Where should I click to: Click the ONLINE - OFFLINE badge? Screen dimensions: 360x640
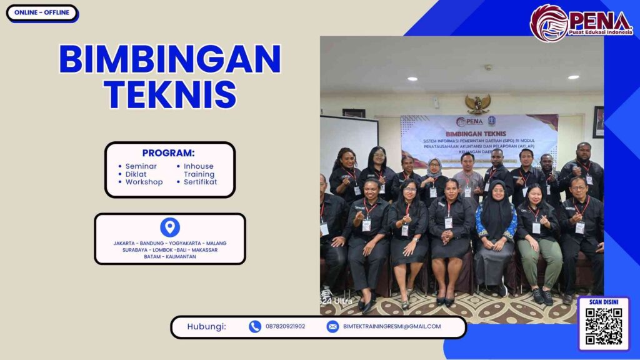click(42, 13)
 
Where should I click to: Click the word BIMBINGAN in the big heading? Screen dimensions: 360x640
click(169, 60)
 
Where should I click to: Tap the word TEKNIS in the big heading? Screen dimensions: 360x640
click(169, 94)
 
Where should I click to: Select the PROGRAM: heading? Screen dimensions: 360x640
click(168, 153)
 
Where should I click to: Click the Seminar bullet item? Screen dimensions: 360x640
click(141, 166)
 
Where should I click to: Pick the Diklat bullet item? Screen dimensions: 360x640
click(136, 174)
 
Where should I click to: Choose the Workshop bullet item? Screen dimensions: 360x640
click(144, 182)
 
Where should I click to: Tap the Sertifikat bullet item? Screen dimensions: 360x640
click(200, 182)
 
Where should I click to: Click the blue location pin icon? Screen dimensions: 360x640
click(170, 227)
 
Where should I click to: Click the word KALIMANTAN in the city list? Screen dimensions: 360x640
click(179, 257)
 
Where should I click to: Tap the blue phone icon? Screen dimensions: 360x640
click(255, 326)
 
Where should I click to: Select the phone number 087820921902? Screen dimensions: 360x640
click(286, 326)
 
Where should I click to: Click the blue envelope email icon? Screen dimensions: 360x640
click(332, 326)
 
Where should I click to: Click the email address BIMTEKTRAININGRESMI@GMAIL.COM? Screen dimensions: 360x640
click(392, 326)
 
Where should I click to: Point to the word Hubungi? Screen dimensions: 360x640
click(206, 326)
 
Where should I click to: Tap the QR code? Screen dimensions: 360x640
click(604, 327)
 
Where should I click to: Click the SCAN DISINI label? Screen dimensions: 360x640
click(604, 302)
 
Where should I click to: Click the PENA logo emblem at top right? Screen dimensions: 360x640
click(549, 23)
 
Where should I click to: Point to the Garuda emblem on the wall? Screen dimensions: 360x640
click(478, 104)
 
